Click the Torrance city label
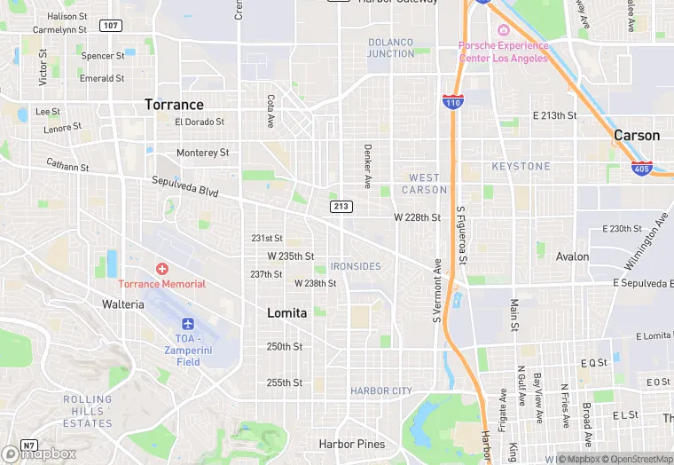[174, 105]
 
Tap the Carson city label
[637, 136]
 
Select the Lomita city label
[287, 313]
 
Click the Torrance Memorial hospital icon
[161, 268]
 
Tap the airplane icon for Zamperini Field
[188, 324]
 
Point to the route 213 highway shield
[341, 207]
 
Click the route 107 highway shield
[111, 25]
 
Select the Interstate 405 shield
[642, 167]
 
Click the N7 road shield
[30, 445]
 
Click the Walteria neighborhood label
[122, 304]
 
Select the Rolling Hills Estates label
[88, 411]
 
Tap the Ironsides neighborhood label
[355, 266]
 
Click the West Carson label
[425, 184]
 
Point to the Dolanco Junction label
[391, 48]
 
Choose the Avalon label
[572, 256]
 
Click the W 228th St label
[417, 217]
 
